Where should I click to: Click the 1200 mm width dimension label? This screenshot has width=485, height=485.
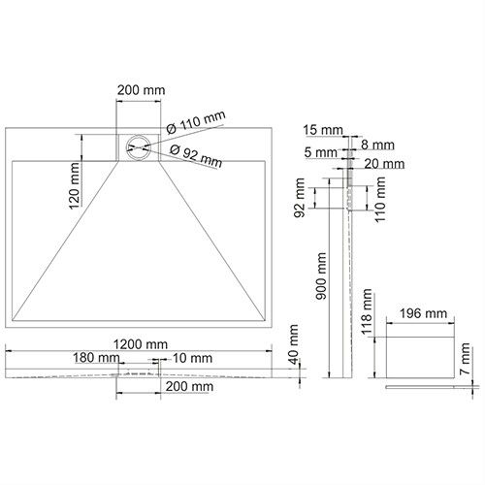pyautogui.click(x=137, y=343)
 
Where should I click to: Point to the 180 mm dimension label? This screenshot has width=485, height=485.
pyautogui.click(x=97, y=358)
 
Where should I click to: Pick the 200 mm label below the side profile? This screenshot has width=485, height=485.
pyautogui.click(x=190, y=386)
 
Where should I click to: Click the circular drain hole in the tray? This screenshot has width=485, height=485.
pyautogui.click(x=139, y=147)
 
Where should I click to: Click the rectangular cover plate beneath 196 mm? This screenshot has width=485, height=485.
pyautogui.click(x=422, y=352)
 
